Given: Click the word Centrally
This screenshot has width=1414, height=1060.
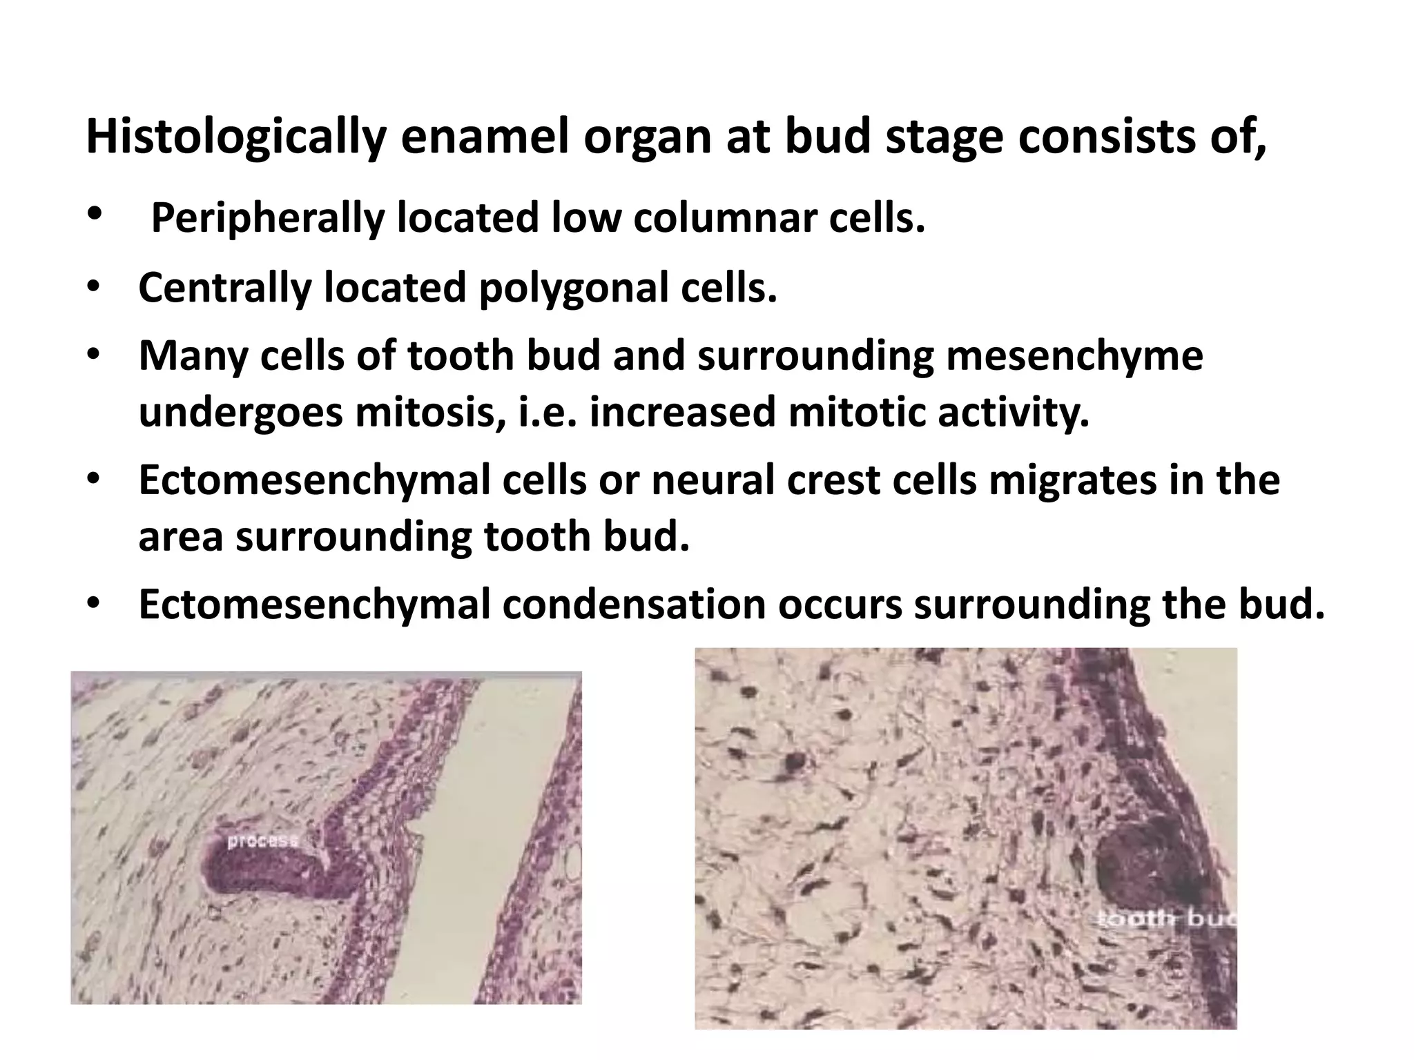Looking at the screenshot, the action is (225, 288).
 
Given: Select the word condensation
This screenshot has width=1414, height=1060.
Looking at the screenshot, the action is (634, 605).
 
